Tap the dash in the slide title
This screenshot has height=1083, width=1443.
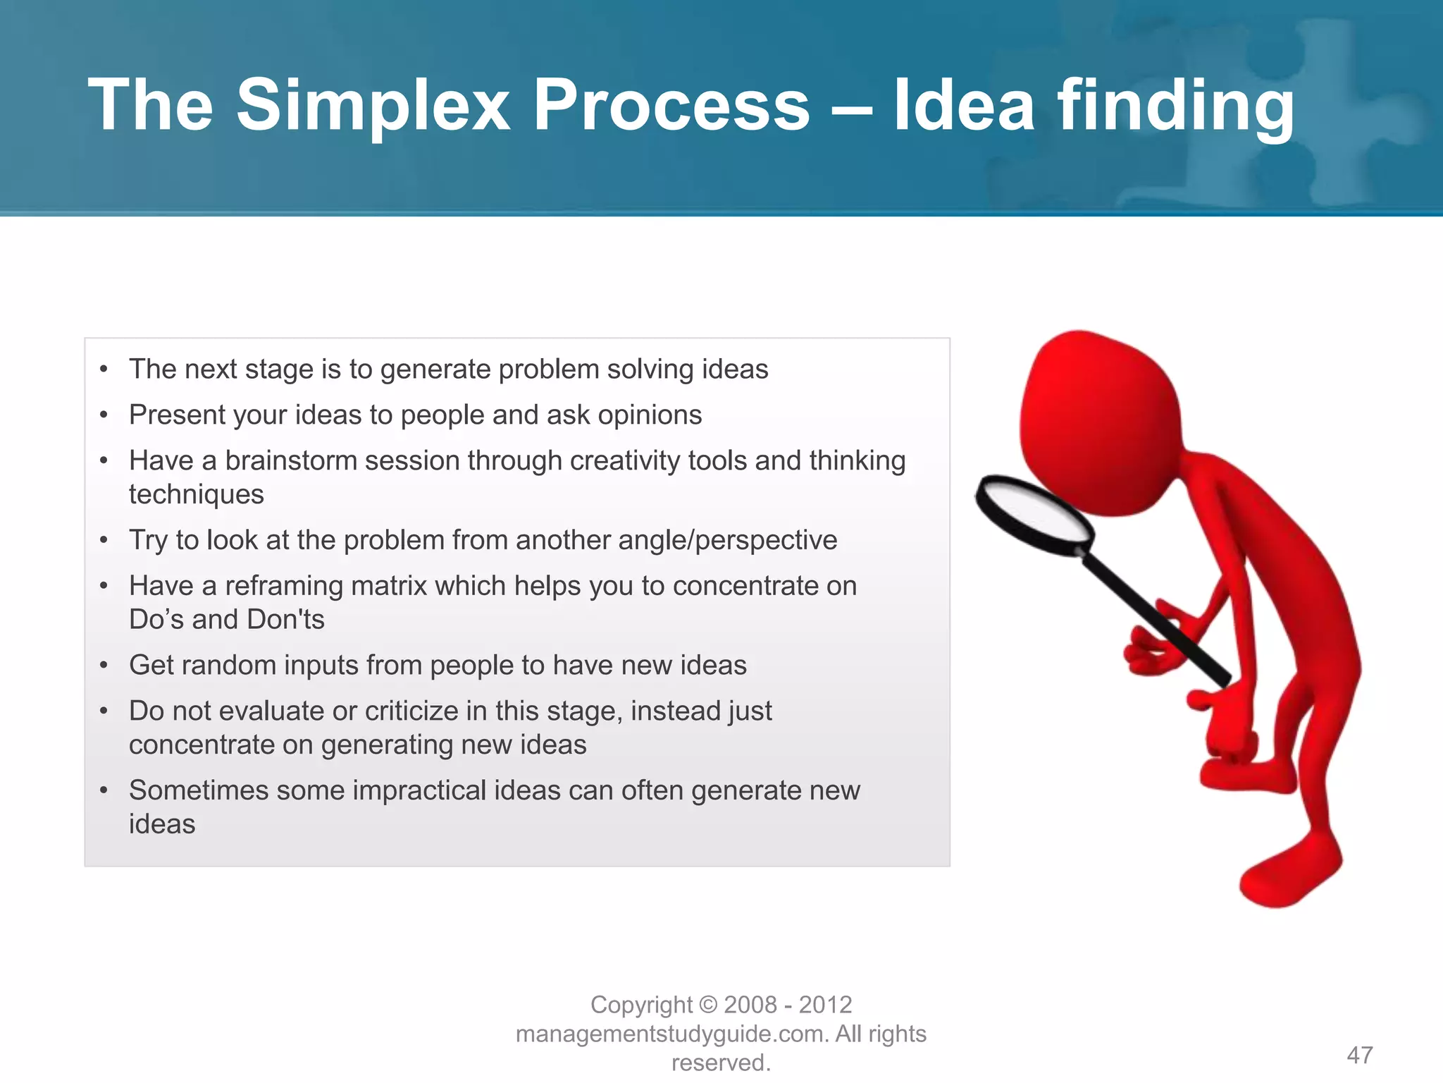point(851,109)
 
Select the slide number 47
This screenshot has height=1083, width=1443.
point(1359,1056)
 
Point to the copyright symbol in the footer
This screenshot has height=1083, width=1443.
point(709,1005)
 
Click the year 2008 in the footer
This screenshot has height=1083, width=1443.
point(750,1005)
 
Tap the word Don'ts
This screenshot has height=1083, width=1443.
point(285,620)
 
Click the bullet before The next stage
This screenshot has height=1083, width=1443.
point(104,369)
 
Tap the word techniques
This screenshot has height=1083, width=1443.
point(196,495)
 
